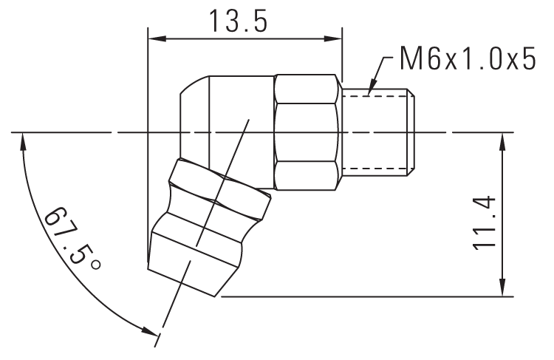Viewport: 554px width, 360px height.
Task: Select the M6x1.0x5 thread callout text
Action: coord(465,59)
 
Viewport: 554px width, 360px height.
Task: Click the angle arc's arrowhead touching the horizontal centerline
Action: coord(24,141)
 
